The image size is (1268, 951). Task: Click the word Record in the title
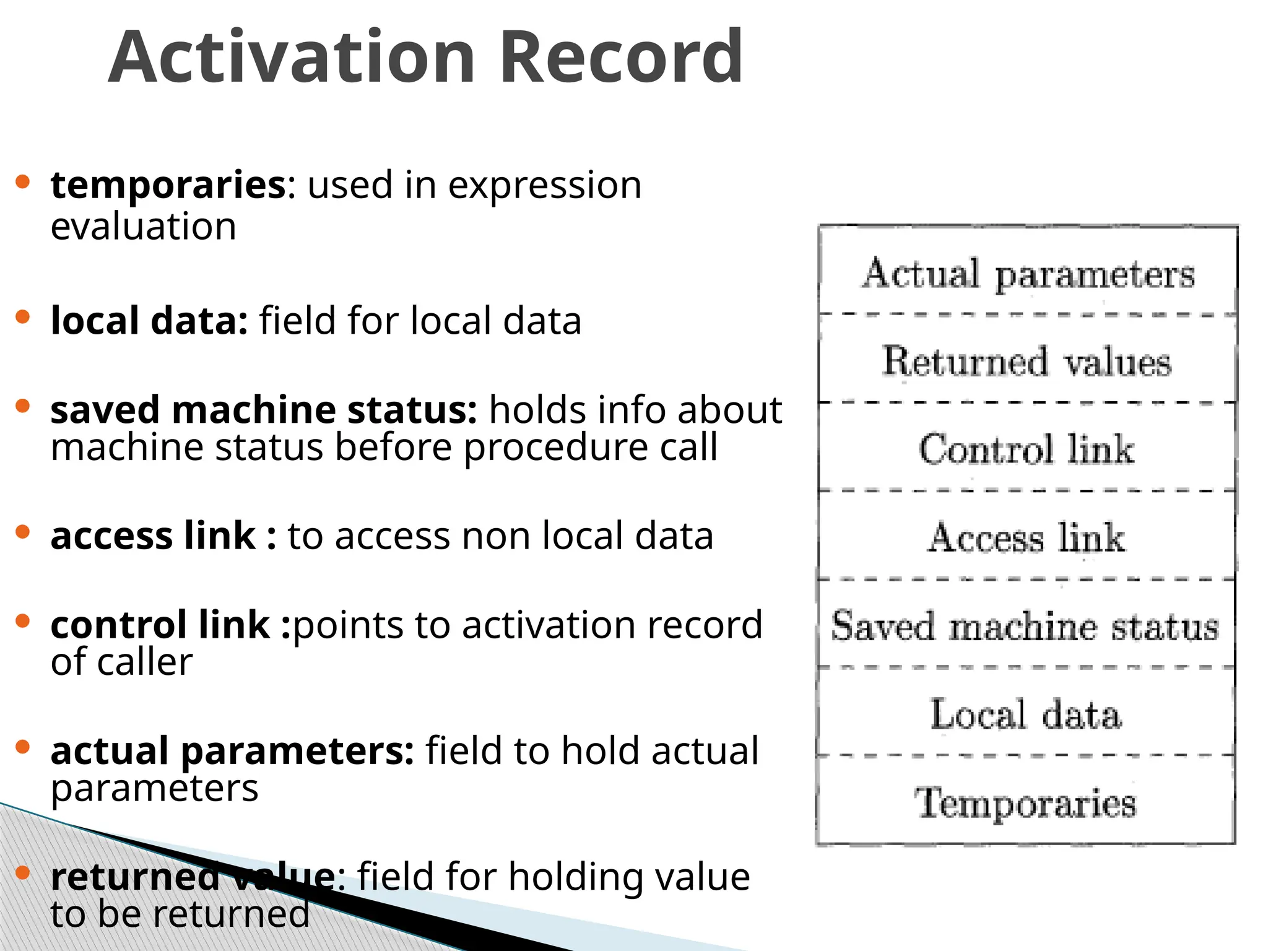(620, 57)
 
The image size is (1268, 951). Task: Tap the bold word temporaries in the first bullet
(168, 185)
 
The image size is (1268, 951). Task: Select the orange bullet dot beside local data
(23, 318)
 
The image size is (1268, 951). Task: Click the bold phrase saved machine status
(264, 410)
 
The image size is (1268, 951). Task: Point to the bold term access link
(153, 536)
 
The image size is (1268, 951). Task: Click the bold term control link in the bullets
(160, 625)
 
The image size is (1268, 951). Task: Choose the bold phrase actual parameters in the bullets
(232, 751)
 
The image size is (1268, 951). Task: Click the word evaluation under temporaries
(144, 226)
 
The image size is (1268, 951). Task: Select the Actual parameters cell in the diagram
(1028, 273)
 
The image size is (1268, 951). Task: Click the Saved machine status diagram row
(1025, 625)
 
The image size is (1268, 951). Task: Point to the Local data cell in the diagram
(1025, 714)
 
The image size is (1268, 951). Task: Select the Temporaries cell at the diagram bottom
(1025, 802)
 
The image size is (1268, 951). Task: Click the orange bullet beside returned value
(23, 873)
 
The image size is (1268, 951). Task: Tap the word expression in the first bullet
(544, 185)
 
